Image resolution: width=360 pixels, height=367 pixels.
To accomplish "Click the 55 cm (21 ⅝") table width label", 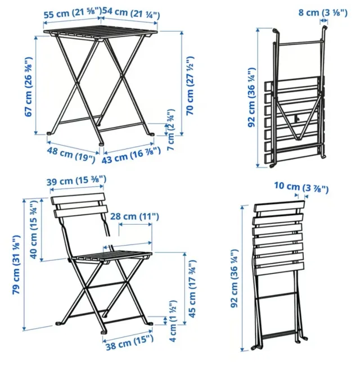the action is tap(73, 13).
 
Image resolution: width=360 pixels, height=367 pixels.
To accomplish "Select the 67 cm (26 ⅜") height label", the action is tap(28, 87).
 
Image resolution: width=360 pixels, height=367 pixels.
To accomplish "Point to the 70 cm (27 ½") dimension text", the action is tap(190, 85).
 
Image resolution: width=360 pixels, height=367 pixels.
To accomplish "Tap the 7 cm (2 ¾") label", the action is tap(171, 130).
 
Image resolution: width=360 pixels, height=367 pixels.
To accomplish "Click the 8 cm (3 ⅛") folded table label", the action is tap(323, 12).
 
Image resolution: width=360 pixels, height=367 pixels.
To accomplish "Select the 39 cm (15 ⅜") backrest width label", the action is tap(76, 180).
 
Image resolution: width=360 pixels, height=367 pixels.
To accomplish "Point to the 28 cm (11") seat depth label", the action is tap(134, 216).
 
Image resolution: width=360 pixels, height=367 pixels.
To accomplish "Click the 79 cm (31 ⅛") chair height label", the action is tap(17, 265).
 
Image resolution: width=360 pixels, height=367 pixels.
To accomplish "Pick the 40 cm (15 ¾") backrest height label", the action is tap(34, 229).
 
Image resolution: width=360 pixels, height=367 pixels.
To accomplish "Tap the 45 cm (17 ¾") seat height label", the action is tap(192, 289).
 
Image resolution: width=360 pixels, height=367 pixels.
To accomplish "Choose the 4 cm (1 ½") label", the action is tap(172, 321).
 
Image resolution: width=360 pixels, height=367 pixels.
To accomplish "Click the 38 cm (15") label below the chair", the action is tap(129, 342).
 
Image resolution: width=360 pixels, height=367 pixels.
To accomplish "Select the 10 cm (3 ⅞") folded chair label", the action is tap(301, 187).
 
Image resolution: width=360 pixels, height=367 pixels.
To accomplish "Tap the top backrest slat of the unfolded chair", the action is tap(78, 198).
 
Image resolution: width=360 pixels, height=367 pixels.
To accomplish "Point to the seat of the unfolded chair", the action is tap(112, 256).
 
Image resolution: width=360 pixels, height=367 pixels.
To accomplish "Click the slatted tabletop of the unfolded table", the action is tap(101, 33).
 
